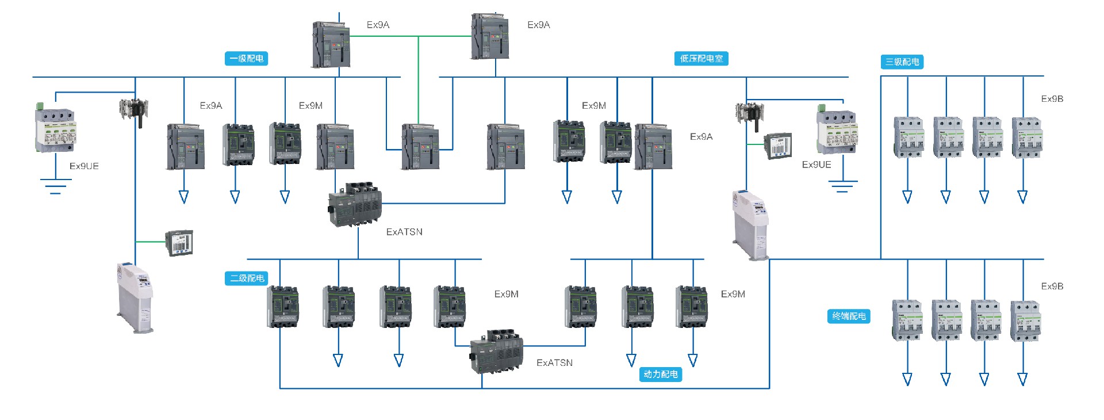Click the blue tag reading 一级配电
246,59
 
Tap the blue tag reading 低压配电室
701,59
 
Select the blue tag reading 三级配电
902,62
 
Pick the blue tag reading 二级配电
246,278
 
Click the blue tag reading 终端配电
849,316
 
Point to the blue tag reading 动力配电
660,375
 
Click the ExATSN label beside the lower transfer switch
554,363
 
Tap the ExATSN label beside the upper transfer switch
404,232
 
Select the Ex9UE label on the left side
84,166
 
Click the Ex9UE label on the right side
816,165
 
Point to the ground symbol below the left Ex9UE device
55,186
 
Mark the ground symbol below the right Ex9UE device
842,186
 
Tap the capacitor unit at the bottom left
136,298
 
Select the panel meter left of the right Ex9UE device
779,146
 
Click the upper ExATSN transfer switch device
354,205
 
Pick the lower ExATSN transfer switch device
497,352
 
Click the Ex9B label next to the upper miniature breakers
1052,99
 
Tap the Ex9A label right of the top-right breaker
539,25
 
